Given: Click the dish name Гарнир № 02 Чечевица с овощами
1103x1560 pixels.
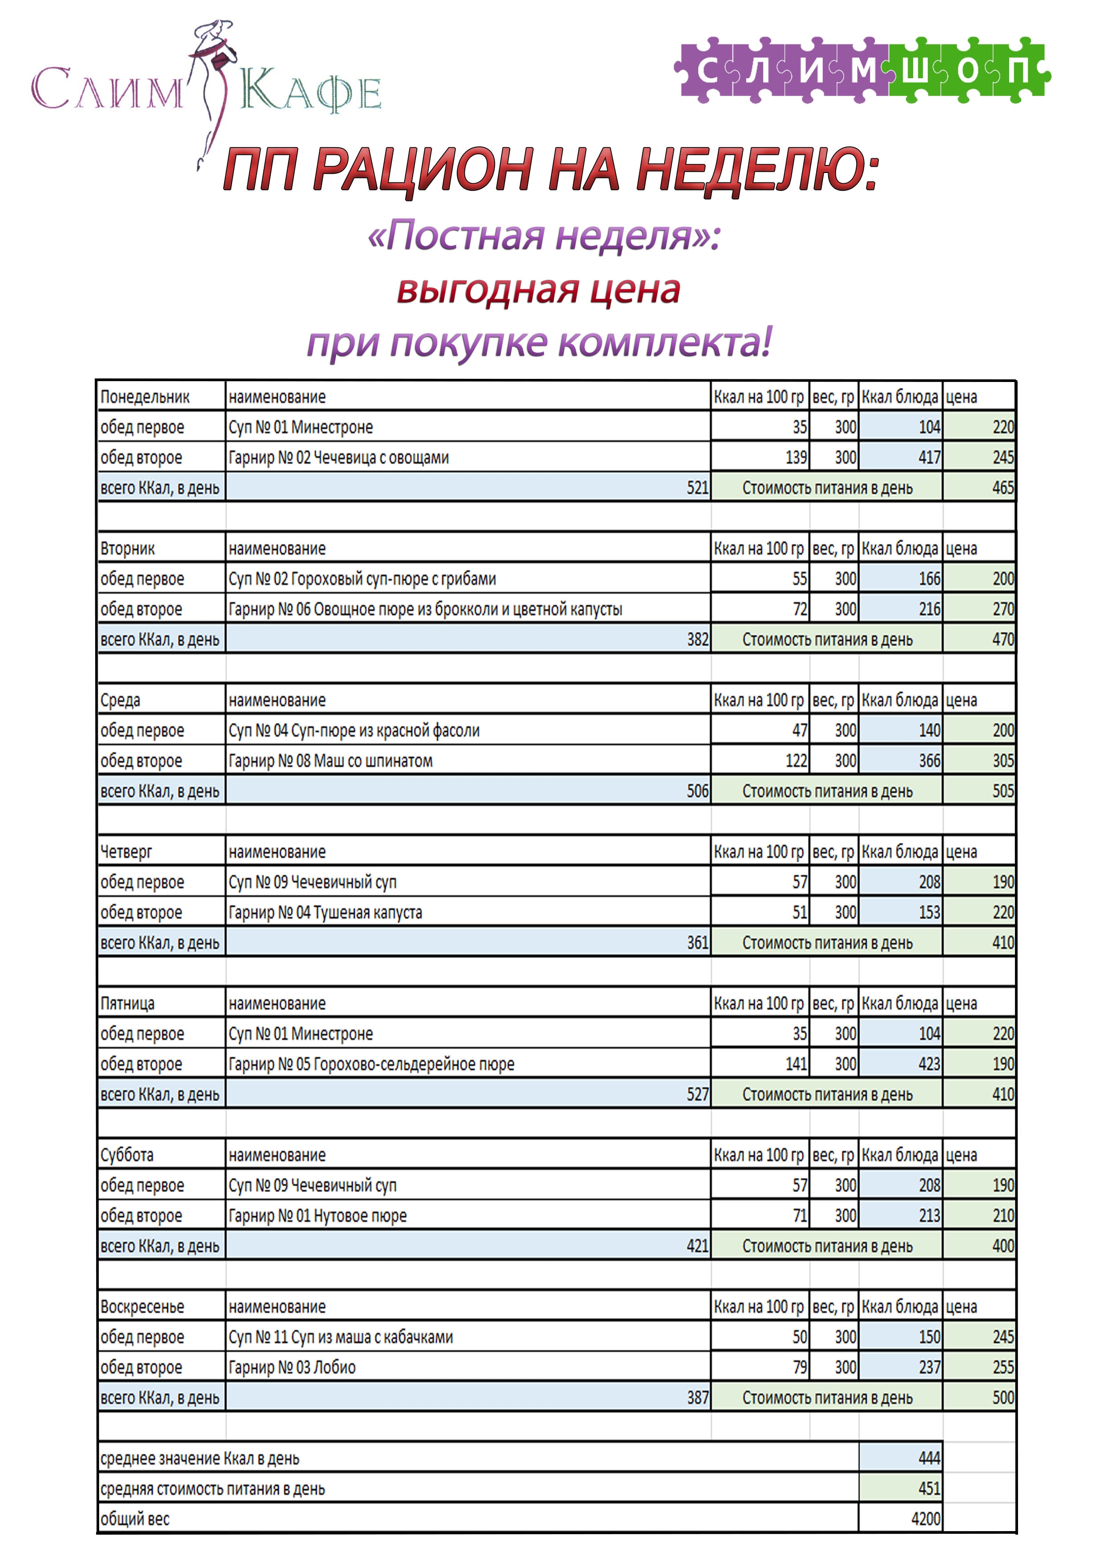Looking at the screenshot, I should point(338,457).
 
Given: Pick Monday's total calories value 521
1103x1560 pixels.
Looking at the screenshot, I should point(696,488).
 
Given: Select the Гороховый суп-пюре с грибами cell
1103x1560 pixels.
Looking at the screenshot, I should point(362,579).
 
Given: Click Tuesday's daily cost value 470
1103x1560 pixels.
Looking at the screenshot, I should point(1002,639).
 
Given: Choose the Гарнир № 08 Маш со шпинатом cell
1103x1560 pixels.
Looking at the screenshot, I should point(330,761).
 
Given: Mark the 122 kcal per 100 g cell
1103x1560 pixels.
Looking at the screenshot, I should point(796,761).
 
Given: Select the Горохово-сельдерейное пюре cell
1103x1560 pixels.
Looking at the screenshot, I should point(371,1064).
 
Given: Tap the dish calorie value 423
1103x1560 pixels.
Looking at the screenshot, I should point(929,1064).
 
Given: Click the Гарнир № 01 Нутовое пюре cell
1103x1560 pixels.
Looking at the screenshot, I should point(318,1215).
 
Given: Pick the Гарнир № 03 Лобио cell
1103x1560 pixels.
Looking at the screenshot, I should point(292,1367).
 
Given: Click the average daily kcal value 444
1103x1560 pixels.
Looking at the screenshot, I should point(928,1458).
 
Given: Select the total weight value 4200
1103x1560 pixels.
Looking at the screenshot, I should point(925,1519).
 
